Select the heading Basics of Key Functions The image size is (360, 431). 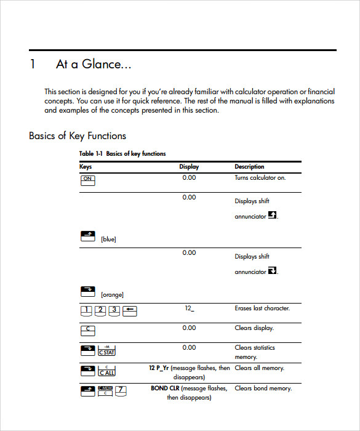(78, 135)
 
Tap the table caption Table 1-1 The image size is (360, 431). (92, 154)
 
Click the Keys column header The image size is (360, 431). (86, 167)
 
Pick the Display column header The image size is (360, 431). (189, 167)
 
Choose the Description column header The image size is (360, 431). (249, 167)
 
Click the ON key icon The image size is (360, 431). (87, 179)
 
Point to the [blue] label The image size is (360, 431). (108, 240)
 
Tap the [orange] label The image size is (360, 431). (112, 295)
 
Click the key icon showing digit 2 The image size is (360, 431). (101, 311)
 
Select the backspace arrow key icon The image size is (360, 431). (129, 311)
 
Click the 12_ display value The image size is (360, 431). (189, 308)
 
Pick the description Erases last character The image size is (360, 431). (262, 308)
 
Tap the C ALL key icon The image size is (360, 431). (106, 371)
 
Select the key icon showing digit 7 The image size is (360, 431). (121, 391)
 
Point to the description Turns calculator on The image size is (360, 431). (260, 178)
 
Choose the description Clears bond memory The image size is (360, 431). (263, 389)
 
